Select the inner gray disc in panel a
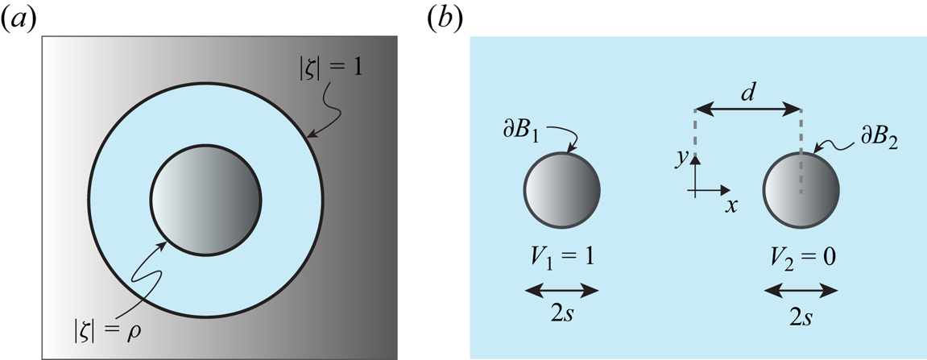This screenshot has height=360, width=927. pos(206,200)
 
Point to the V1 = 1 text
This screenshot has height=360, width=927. pos(561,260)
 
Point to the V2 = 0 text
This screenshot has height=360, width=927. pos(802,260)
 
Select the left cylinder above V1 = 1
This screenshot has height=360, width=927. pos(561,191)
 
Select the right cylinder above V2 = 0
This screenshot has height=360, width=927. pos(801,191)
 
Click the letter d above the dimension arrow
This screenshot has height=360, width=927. pos(747,91)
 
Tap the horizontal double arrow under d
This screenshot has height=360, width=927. pos(747,108)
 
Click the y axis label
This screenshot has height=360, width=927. pos(681,159)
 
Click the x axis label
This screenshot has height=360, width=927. pos(730,205)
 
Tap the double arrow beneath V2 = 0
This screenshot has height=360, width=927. pos(802,287)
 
